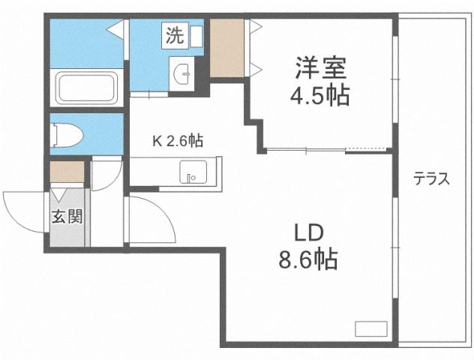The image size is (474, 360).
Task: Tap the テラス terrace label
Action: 432,179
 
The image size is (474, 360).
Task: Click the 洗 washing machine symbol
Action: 173,34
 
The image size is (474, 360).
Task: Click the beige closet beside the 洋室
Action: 226,47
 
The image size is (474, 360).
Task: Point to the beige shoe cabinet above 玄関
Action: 67,172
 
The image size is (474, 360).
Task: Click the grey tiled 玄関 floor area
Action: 68,229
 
